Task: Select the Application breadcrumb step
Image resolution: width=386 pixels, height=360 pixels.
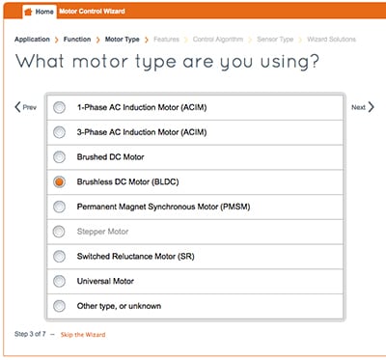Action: tap(32, 40)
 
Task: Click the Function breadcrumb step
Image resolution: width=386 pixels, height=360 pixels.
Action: tap(77, 40)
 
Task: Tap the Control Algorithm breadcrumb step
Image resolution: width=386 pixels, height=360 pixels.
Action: tap(218, 40)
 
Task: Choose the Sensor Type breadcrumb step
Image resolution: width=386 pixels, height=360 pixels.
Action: tap(273, 40)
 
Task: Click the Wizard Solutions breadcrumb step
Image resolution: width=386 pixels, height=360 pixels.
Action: tap(330, 40)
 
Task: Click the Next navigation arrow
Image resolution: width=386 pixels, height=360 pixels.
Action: tap(362, 107)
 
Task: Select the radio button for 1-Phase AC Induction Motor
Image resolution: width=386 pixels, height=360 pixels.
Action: tap(60, 106)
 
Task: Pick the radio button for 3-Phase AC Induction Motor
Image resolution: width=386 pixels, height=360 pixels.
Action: tap(60, 131)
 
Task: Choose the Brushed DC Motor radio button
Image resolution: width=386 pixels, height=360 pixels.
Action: tap(60, 156)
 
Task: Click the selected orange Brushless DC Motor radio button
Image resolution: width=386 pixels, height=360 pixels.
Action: tap(60, 181)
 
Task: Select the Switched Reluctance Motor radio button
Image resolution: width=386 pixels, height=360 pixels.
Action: tap(60, 256)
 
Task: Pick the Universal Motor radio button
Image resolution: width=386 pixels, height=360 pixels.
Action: tap(60, 281)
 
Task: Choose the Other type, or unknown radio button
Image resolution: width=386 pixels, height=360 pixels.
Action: tap(60, 306)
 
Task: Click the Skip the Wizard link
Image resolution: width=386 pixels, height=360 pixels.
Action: tap(83, 334)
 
